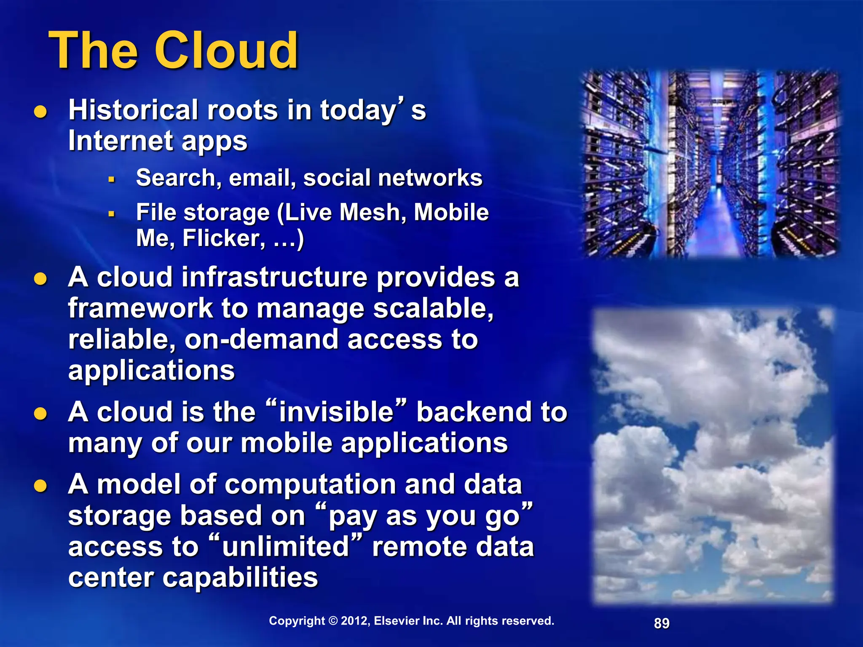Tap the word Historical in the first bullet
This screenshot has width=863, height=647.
(133, 110)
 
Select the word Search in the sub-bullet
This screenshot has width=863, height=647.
(176, 178)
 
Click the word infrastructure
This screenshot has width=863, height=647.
(232, 278)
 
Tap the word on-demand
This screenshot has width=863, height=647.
(261, 340)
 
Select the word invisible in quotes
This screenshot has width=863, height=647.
(336, 412)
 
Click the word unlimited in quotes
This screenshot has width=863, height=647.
(285, 547)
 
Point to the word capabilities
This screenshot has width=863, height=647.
(240, 577)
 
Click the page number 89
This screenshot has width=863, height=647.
(662, 623)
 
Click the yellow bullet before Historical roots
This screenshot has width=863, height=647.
(40, 112)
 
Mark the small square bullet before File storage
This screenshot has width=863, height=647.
(112, 214)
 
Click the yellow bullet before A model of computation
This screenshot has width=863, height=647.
(40, 486)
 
